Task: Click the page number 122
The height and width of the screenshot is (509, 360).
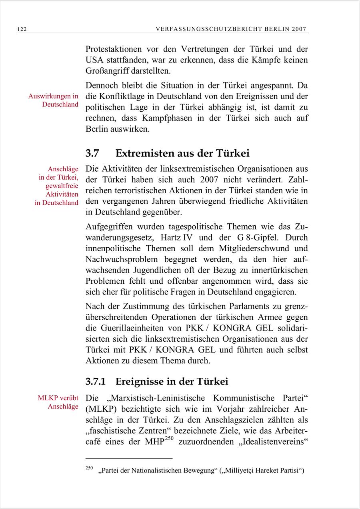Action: (x=22, y=29)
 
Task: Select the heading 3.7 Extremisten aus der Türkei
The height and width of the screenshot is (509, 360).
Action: (x=168, y=153)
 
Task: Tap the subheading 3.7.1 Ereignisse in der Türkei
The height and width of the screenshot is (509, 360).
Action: (x=157, y=381)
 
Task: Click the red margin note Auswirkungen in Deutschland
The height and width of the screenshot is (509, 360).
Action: (x=53, y=100)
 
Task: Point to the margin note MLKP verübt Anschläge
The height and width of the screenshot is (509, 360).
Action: (x=58, y=402)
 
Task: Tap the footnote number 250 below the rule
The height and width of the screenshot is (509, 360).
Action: (x=89, y=467)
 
